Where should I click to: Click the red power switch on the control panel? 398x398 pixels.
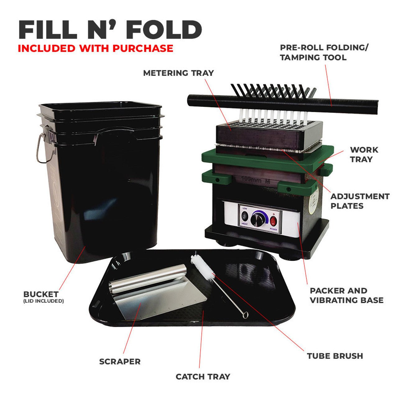pyautogui.click(x=273, y=221)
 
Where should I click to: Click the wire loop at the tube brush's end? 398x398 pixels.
pyautogui.click(x=245, y=315)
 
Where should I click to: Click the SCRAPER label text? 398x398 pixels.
pyautogui.click(x=120, y=362)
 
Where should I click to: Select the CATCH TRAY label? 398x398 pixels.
pyautogui.click(x=203, y=377)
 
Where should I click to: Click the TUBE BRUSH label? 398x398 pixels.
pyautogui.click(x=335, y=356)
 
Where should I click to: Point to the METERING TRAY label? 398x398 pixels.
pyautogui.click(x=178, y=73)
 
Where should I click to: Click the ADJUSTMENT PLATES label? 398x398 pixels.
pyautogui.click(x=360, y=201)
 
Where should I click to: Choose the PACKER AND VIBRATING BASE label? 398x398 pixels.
pyautogui.click(x=346, y=295)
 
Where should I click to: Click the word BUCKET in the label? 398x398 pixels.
pyautogui.click(x=41, y=294)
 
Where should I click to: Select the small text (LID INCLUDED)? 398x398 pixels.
pyautogui.click(x=44, y=301)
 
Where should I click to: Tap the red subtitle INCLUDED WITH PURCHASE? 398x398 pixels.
pyautogui.click(x=95, y=49)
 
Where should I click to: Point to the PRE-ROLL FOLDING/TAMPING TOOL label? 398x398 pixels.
pyautogui.click(x=324, y=52)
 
